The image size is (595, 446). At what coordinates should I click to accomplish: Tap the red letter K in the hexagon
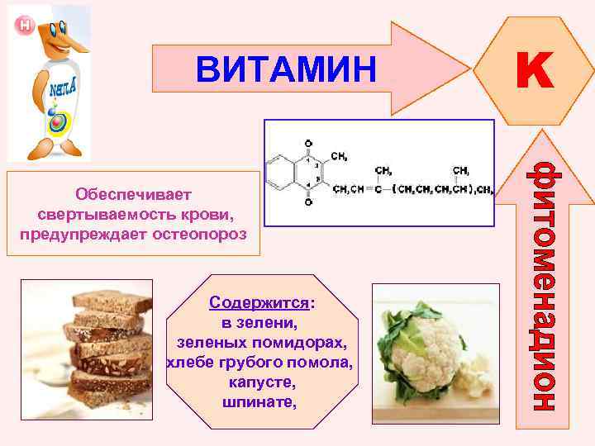[x=535, y=70]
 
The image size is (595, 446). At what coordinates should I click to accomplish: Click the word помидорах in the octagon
[x=306, y=342]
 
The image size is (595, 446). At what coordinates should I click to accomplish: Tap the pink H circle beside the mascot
[x=24, y=25]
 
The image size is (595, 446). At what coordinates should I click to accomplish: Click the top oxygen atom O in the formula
[x=308, y=143]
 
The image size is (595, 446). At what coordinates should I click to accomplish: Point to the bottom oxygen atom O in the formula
[x=308, y=202]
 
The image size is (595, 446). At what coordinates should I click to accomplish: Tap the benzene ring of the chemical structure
[x=283, y=172]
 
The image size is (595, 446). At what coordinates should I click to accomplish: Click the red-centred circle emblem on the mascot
[x=57, y=122]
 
